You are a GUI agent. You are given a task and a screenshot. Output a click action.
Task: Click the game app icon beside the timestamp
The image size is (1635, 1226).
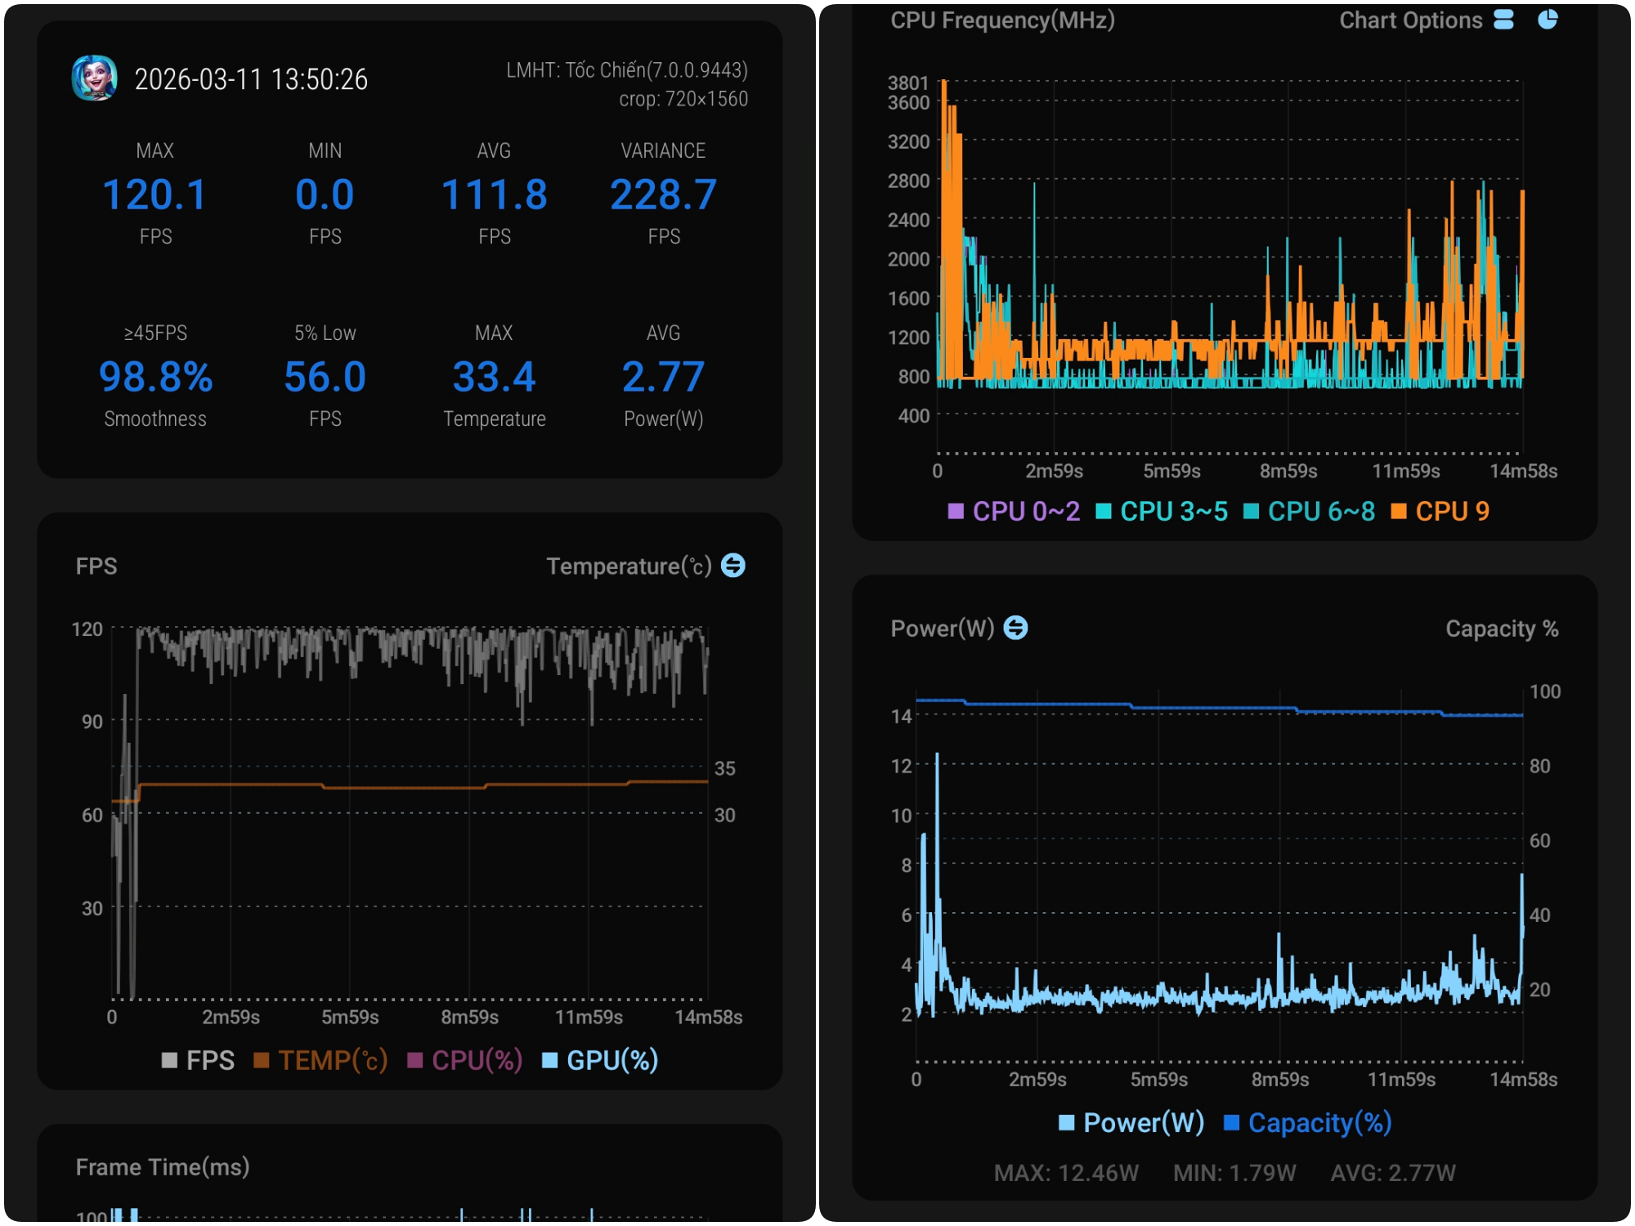coord(94,78)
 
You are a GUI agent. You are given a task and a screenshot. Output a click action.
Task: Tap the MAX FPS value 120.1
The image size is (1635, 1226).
coord(155,195)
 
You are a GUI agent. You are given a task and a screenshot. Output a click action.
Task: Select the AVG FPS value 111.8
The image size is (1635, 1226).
coord(494,195)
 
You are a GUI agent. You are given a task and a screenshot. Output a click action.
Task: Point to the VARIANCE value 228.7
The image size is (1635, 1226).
coord(663,195)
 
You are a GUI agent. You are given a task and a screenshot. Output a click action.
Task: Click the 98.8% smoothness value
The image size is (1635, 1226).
coord(155,377)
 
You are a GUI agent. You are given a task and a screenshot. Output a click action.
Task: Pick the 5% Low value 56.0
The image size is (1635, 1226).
coord(325,377)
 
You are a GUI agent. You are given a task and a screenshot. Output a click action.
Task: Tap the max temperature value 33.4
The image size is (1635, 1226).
coord(494,377)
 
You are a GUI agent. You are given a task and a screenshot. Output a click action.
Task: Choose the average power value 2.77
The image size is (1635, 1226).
coord(663,377)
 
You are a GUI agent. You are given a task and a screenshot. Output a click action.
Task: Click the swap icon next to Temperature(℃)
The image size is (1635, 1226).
coord(733,565)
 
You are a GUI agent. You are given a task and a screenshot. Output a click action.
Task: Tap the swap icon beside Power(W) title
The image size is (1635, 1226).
coord(1015,628)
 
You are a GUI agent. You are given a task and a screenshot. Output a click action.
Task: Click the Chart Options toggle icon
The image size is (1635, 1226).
coord(1503,20)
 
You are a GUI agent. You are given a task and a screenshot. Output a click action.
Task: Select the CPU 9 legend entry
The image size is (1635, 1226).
coord(1440,512)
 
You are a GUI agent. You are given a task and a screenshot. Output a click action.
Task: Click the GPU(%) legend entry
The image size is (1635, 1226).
coord(600,1060)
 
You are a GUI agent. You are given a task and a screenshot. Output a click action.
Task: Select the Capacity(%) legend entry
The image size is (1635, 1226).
coord(1308,1123)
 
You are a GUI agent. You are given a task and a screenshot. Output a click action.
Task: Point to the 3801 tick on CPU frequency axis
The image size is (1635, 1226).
coord(908,83)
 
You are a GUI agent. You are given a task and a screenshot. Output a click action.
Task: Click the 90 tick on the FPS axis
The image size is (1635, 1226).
coord(92,722)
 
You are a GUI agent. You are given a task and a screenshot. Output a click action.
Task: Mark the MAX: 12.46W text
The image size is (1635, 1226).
coord(1066,1173)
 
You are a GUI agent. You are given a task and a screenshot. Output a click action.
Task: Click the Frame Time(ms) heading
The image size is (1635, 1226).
coord(163,1166)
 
